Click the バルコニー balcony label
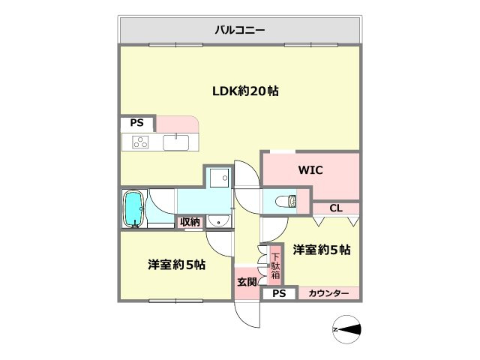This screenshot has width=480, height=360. pos(240,31)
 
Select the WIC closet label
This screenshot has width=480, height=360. pos(310,170)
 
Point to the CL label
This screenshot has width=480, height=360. pos(335,208)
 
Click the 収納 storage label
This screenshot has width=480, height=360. pos(190,221)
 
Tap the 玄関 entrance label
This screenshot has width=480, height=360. pos(247,282)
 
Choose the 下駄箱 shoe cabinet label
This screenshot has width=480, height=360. pos(274,264)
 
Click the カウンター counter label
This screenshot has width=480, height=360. pos(328,293)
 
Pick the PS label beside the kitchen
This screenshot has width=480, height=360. pos(136,123)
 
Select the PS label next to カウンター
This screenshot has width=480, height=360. pos(278,293)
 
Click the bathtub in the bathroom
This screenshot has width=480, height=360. pos(133,208)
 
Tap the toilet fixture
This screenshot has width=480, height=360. pos(286,200)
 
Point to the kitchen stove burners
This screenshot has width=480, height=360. pos(141,141)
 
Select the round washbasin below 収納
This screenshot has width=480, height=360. pos(217,220)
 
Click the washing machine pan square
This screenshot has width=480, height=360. pos(219,178)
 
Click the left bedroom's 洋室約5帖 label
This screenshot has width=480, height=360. pos(177,265)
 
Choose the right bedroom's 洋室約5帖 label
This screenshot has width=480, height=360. pos(322,250)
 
